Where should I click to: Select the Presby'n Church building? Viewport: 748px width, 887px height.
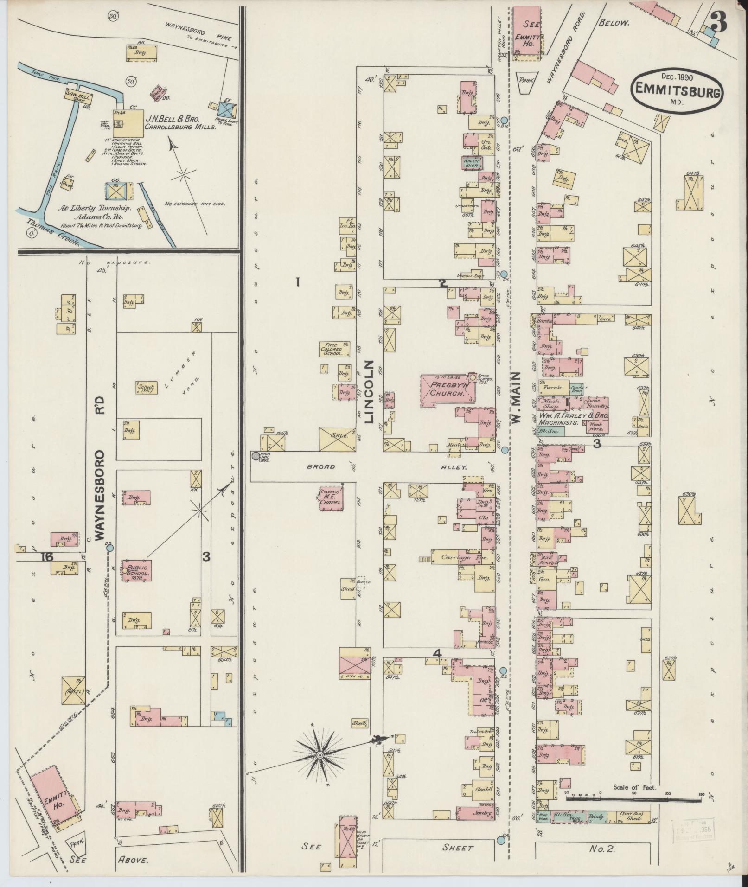point(448,389)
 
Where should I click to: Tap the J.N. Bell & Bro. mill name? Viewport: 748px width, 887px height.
point(173,118)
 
